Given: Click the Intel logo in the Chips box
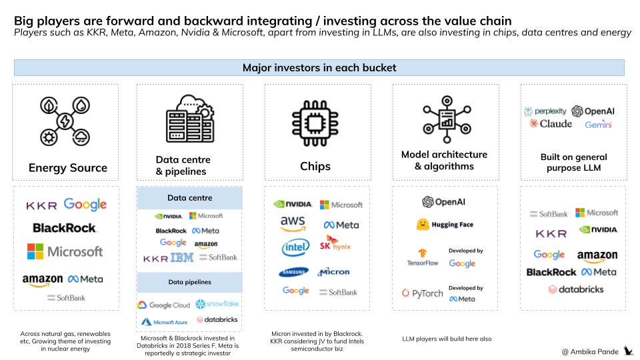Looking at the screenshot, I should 295,247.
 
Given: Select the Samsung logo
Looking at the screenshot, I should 293,272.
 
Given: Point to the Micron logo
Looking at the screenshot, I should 335,272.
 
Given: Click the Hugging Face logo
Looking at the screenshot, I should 445,225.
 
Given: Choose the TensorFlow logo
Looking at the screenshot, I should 423,257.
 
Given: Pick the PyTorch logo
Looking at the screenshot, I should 423,293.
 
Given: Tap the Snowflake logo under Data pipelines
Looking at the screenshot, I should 217,304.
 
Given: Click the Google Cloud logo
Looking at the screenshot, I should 164,305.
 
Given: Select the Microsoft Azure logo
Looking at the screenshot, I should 164,321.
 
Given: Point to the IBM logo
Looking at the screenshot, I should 182,257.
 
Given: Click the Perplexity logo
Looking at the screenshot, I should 545,111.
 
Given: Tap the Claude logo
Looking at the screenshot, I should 551,124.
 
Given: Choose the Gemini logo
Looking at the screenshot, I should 598,125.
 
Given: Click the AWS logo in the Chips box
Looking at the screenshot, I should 293,224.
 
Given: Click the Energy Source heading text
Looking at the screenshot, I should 68,167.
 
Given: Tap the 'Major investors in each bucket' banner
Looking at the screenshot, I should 319,68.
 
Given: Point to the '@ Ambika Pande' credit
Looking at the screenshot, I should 591,351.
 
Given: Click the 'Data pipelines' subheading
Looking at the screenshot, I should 190,283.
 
